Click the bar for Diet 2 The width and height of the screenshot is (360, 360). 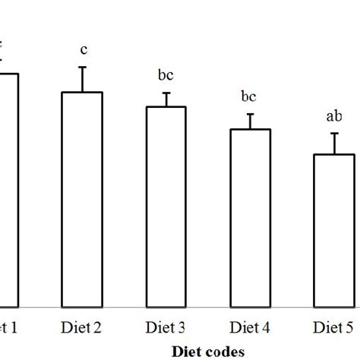pos(82,199)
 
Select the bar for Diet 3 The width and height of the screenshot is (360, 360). pos(166,207)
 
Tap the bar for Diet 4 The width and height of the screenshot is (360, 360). pos(250,218)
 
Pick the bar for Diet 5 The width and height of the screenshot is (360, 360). pos(334,230)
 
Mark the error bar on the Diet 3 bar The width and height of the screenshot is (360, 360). pos(166,99)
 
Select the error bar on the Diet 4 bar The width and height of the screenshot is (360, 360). pos(250,122)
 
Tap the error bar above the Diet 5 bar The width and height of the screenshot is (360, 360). pos(334,144)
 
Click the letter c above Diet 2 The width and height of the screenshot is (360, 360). pos(83,50)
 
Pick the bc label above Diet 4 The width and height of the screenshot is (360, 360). pos(249,97)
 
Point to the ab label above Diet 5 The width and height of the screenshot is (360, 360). pos(333,116)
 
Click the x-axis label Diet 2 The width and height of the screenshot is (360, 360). pos(82,327)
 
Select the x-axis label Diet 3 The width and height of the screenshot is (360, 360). pos(166,327)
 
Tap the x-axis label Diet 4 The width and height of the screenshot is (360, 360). pos(250,327)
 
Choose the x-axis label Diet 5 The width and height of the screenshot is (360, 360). pos(334,327)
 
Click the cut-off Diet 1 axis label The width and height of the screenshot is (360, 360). pos(9,327)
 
